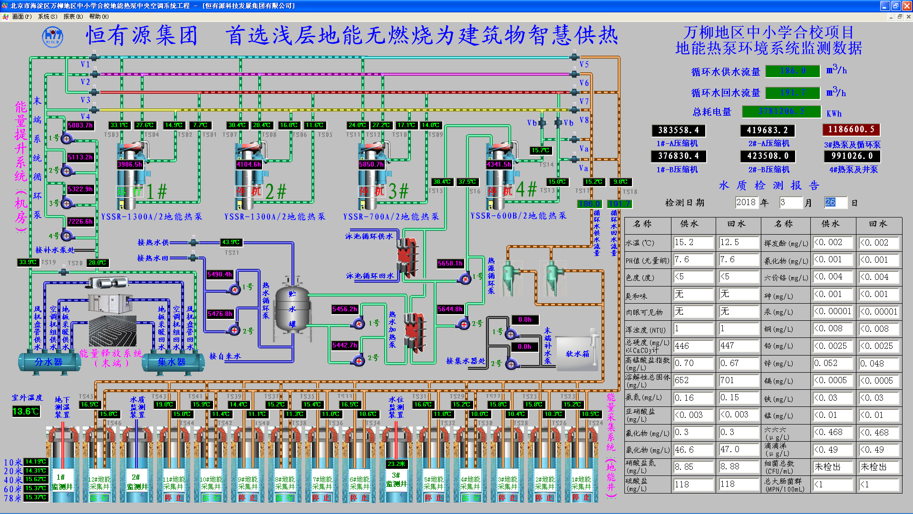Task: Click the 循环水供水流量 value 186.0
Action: (x=793, y=71)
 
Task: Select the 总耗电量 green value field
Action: (x=781, y=111)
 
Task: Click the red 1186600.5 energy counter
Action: (x=851, y=129)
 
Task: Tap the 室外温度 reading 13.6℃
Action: (x=26, y=411)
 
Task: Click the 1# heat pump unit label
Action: (x=157, y=191)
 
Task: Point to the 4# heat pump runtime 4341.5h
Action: (x=499, y=164)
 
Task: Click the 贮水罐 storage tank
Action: (x=292, y=309)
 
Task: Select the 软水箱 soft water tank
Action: (x=577, y=354)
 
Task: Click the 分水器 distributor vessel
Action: (x=49, y=362)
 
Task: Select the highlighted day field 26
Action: (x=835, y=202)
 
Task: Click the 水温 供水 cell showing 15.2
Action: (x=693, y=242)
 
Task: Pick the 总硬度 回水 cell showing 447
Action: (x=738, y=346)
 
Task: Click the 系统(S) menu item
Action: (x=48, y=16)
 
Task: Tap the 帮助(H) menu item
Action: (x=99, y=16)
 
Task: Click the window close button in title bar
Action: (x=907, y=6)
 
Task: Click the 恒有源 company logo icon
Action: (x=52, y=37)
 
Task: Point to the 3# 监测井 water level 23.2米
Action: (x=396, y=464)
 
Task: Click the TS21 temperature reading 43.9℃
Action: (x=231, y=242)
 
